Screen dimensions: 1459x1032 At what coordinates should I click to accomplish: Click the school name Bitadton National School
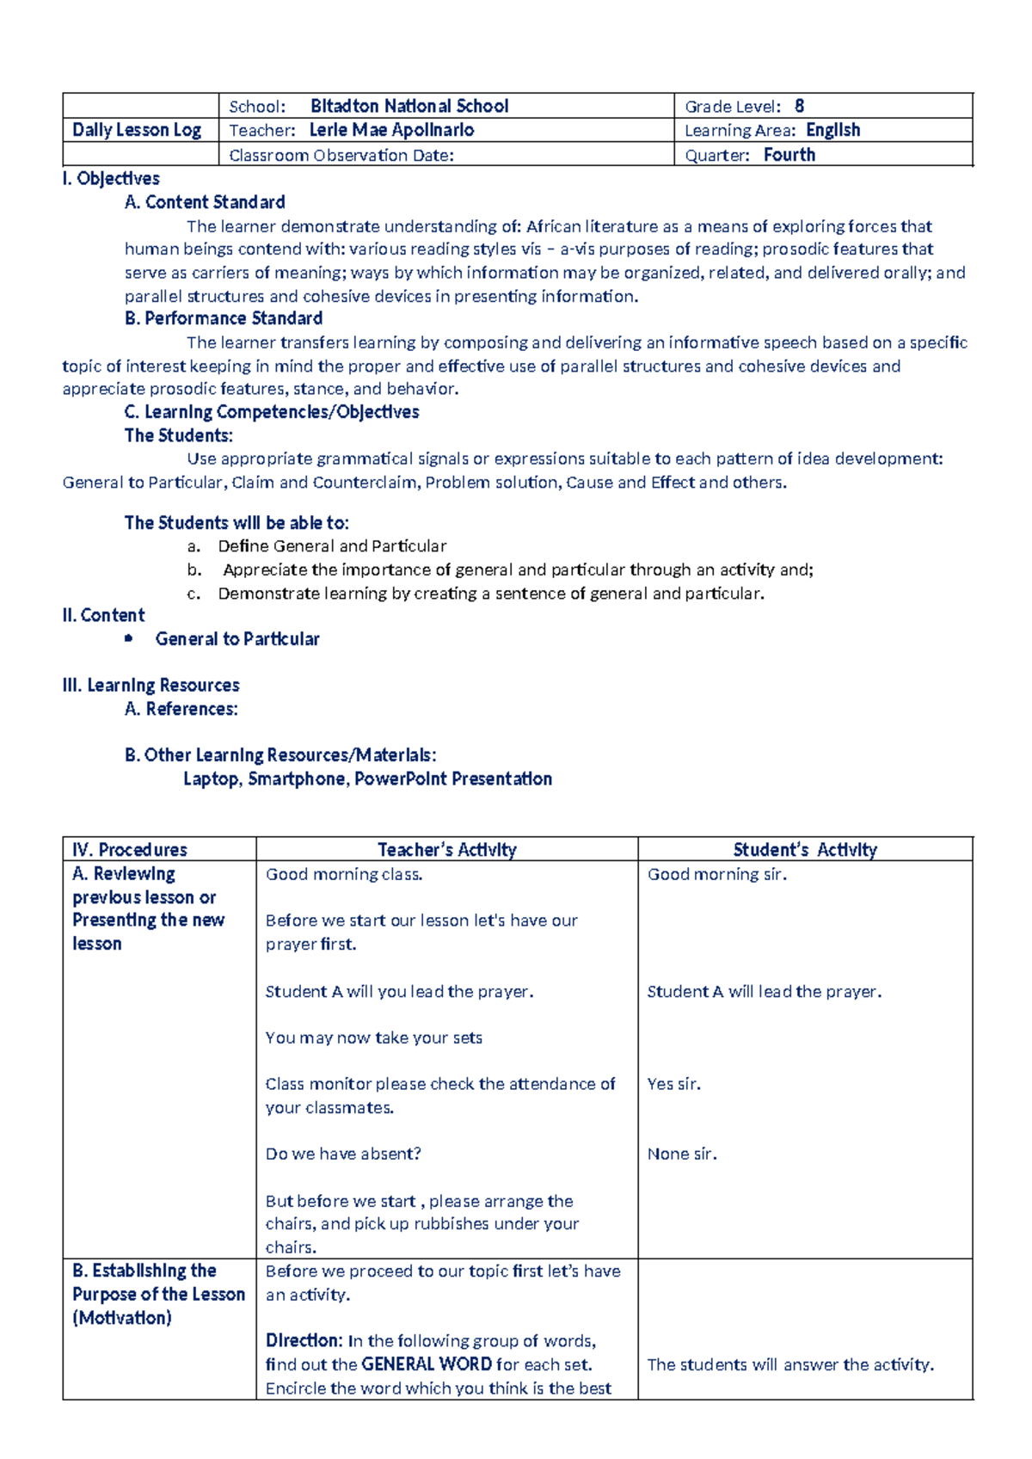(409, 106)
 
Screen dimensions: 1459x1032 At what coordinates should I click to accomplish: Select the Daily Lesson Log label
(137, 130)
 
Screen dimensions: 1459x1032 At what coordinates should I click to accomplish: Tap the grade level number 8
(799, 106)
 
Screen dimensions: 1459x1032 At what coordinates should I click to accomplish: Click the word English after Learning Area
(832, 130)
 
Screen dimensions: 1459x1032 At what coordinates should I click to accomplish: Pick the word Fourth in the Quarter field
(789, 155)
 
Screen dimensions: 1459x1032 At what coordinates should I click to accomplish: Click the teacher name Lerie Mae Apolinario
(391, 130)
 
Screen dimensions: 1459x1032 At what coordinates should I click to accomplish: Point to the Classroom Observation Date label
(341, 156)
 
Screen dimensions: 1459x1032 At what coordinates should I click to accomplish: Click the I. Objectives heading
(111, 179)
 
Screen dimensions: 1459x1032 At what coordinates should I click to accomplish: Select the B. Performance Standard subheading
(223, 318)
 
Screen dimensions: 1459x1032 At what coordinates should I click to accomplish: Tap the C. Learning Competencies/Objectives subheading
(272, 412)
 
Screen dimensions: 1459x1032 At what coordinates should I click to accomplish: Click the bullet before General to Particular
(129, 638)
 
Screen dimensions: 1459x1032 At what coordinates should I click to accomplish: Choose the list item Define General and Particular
(332, 546)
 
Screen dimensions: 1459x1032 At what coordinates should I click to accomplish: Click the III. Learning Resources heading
(150, 686)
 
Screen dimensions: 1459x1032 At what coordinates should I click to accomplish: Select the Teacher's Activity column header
(447, 850)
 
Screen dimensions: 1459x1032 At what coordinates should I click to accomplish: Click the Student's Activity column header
(805, 850)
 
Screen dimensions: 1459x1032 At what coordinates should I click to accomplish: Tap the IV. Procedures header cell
(130, 850)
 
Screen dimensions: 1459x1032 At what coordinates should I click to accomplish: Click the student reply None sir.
(682, 1154)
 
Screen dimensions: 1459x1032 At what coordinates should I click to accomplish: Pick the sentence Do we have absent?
(343, 1154)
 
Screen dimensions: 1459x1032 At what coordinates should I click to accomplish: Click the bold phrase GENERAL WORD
(427, 1364)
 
